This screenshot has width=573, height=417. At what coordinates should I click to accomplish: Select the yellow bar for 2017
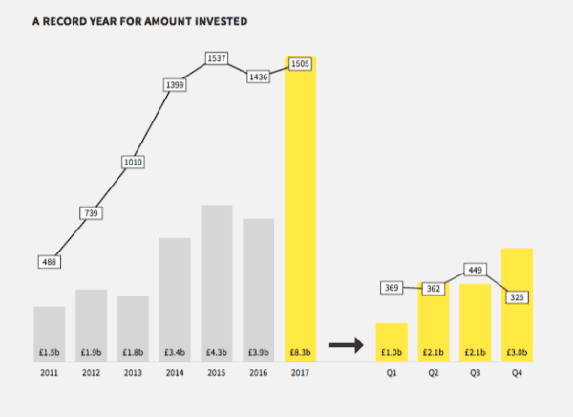pyautogui.click(x=300, y=210)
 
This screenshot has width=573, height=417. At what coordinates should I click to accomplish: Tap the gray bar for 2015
pyautogui.click(x=217, y=277)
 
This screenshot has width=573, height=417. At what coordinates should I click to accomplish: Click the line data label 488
pyautogui.click(x=50, y=260)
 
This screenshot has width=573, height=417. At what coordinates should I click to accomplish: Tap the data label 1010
pyautogui.click(x=134, y=163)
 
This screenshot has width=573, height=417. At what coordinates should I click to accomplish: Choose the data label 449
pyautogui.click(x=476, y=270)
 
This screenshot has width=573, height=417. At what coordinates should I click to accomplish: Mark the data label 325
pyautogui.click(x=517, y=297)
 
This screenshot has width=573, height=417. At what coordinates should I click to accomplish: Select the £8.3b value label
pyautogui.click(x=300, y=351)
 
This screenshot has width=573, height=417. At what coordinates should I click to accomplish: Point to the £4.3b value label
pyautogui.click(x=217, y=351)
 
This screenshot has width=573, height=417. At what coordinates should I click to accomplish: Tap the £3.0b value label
pyautogui.click(x=517, y=351)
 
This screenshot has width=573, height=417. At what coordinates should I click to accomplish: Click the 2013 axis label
pyautogui.click(x=134, y=374)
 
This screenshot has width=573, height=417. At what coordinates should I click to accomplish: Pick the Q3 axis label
pyautogui.click(x=476, y=374)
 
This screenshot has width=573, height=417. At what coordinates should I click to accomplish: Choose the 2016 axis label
pyautogui.click(x=259, y=374)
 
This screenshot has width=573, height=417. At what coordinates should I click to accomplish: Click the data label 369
pyautogui.click(x=392, y=287)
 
